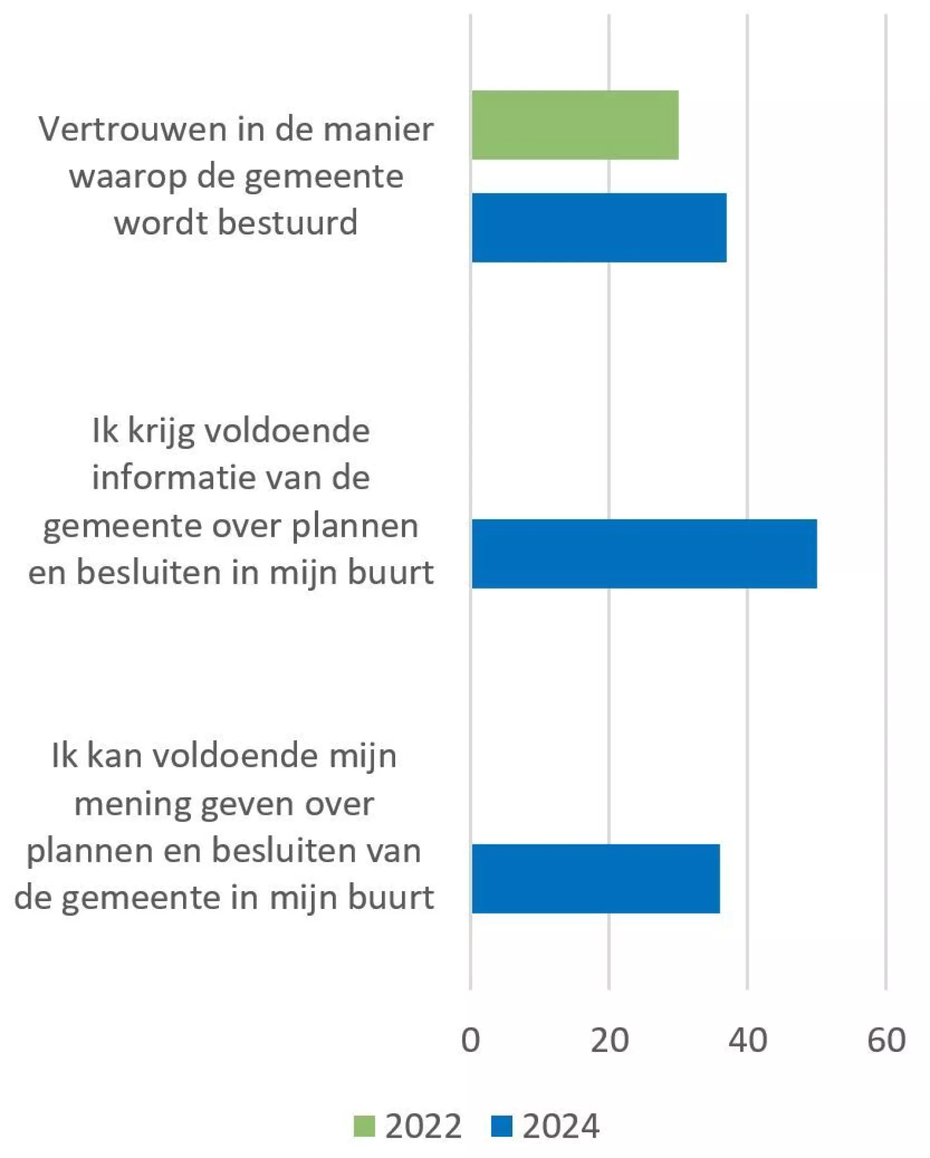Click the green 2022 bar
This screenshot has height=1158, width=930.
click(574, 125)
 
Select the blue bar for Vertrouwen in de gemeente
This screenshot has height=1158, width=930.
click(599, 228)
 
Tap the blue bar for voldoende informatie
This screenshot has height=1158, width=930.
click(644, 553)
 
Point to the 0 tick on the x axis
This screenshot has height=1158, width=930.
click(470, 1040)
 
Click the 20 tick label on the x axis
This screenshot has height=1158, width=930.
click(609, 1040)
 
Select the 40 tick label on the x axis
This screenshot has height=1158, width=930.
click(747, 1040)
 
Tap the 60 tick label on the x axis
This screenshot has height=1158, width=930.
click(886, 1040)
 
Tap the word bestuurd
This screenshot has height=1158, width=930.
click(287, 222)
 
